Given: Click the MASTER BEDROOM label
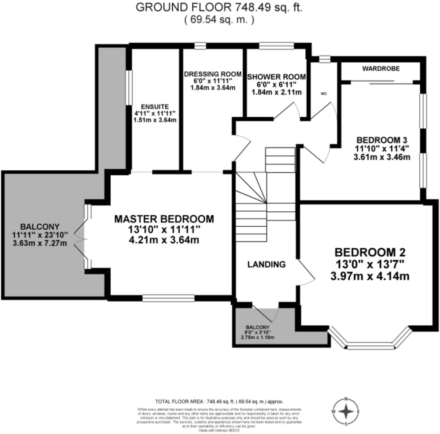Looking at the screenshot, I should (164, 219).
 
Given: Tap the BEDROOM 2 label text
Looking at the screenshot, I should (370, 252).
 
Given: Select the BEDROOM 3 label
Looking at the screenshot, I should (382, 140).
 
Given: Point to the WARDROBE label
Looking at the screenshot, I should (381, 69).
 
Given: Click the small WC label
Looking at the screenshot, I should (324, 94).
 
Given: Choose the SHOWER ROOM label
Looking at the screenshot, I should (276, 77).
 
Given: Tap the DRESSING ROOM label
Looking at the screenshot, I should (212, 74).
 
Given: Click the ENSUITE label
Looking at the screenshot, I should (155, 106).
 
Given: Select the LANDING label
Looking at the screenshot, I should (266, 265).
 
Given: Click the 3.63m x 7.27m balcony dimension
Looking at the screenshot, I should (40, 243).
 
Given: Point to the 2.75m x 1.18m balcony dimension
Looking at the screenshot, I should (258, 337).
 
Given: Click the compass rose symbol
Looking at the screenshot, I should (346, 411).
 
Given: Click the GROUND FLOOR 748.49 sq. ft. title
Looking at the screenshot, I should (219, 8).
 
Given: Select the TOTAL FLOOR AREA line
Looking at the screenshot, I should (219, 402).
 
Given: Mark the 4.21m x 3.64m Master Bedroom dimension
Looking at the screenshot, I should (164, 239).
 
